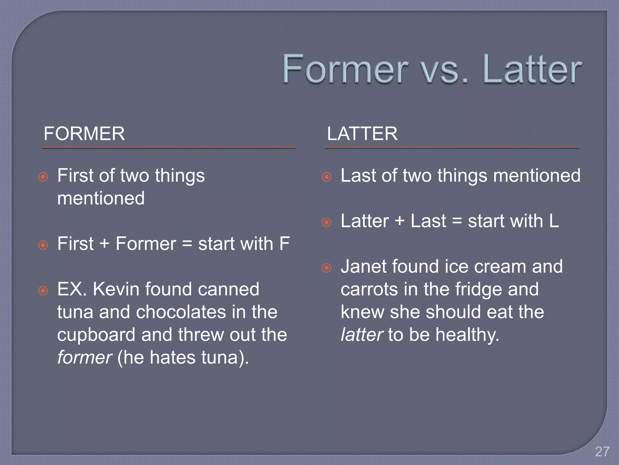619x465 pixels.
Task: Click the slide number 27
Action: click(x=602, y=452)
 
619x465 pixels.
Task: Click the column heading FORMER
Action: click(x=84, y=134)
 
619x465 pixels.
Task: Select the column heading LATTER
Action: click(x=362, y=134)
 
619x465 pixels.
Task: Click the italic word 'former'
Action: click(x=85, y=358)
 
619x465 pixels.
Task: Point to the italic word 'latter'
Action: click(x=362, y=335)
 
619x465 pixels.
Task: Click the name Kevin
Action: click(x=116, y=289)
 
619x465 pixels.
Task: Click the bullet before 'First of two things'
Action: click(x=43, y=177)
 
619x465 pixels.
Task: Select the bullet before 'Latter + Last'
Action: click(x=326, y=223)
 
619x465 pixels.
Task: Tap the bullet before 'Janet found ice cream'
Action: click(x=326, y=268)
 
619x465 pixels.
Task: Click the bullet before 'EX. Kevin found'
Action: click(x=43, y=291)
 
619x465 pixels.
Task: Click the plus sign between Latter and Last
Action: click(x=400, y=221)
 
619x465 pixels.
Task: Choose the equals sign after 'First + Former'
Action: click(x=187, y=244)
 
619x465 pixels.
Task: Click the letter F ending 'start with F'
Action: click(x=284, y=244)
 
